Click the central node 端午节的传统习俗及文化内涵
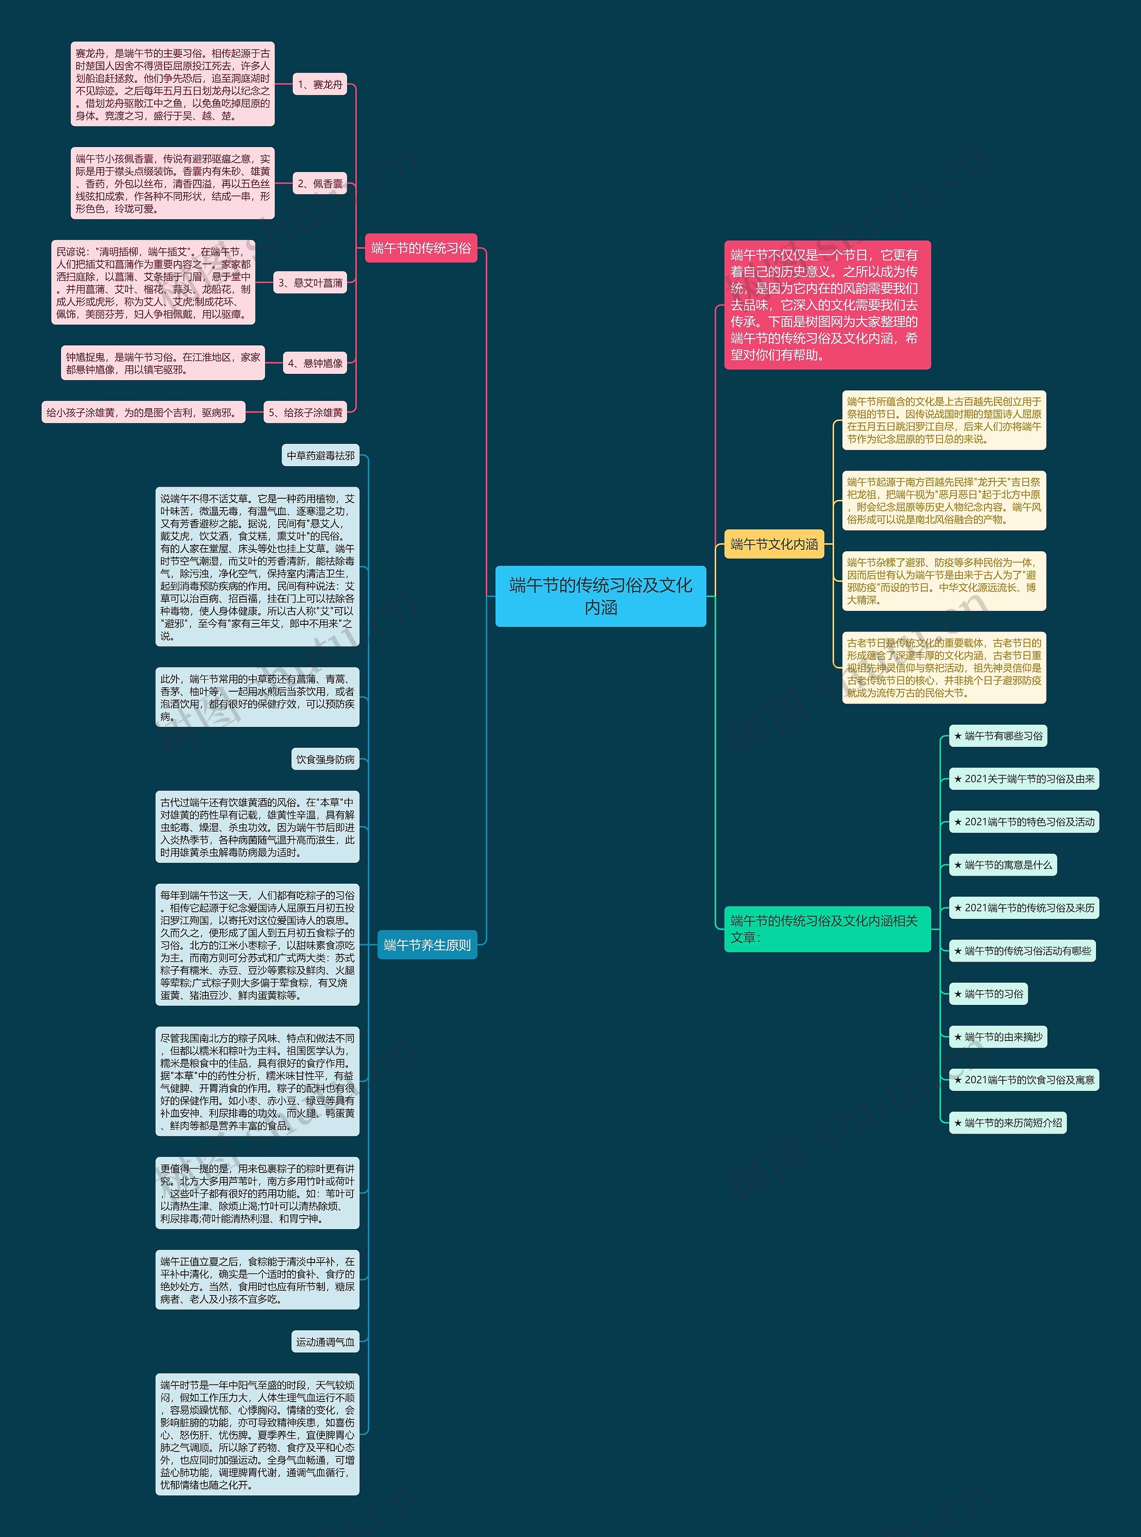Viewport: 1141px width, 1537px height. tap(600, 596)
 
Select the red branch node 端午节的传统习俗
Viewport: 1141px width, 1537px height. tap(421, 248)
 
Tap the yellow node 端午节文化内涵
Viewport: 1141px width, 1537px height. tap(774, 544)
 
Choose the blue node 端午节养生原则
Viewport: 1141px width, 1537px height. tap(427, 945)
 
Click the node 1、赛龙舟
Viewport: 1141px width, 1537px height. tap(320, 84)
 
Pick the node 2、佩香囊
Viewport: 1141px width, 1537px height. tap(320, 184)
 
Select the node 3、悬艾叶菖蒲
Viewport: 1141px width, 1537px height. tap(310, 283)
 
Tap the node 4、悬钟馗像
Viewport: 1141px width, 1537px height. tap(315, 363)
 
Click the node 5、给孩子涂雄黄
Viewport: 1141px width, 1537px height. tap(305, 412)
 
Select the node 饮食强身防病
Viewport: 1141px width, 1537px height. tap(325, 759)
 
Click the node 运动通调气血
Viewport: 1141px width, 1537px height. tap(325, 1342)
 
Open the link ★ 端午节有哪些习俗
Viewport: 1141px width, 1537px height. tap(997, 736)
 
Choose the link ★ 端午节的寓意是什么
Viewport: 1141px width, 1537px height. tap(1002, 865)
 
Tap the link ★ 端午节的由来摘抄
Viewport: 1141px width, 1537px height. tap(997, 1037)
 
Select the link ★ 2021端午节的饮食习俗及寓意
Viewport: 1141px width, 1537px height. tap(1024, 1080)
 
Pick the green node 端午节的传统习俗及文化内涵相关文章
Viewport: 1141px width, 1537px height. tap(827, 929)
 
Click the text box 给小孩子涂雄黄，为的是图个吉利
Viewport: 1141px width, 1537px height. tap(143, 412)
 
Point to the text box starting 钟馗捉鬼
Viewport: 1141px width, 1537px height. tap(163, 363)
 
